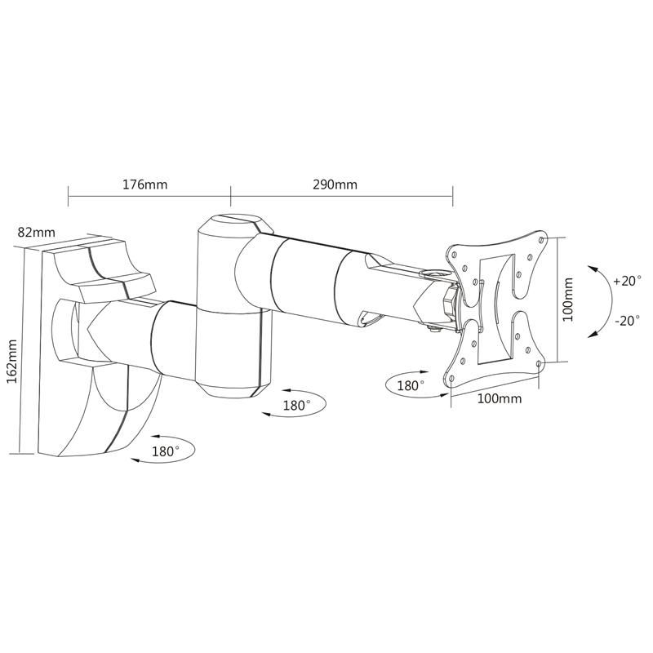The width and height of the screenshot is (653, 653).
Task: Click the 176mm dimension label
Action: pyautogui.click(x=144, y=184)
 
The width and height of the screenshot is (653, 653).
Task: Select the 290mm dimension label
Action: pyautogui.click(x=335, y=184)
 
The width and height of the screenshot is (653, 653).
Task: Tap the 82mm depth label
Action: pyautogui.click(x=36, y=232)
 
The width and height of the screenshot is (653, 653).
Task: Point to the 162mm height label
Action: pyautogui.click(x=12, y=362)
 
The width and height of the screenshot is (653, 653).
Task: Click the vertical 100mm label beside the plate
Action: pyautogui.click(x=568, y=300)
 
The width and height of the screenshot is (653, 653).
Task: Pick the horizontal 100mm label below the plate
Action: pyautogui.click(x=499, y=398)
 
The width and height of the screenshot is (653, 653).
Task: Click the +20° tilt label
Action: pyautogui.click(x=627, y=281)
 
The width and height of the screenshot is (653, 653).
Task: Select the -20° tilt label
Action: pyautogui.click(x=627, y=321)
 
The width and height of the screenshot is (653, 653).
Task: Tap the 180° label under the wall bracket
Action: pyautogui.click(x=166, y=451)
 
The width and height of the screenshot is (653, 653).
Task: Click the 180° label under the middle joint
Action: pyautogui.click(x=296, y=405)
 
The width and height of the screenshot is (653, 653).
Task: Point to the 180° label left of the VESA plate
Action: pyautogui.click(x=411, y=385)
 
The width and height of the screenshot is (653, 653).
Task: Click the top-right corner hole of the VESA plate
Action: pyautogui.click(x=541, y=240)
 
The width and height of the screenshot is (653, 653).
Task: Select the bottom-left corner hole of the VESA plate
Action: pyautogui.click(x=452, y=379)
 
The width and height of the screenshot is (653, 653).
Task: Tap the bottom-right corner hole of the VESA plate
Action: pyautogui.click(x=539, y=363)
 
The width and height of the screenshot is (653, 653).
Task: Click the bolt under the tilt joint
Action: pyautogui.click(x=434, y=330)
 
